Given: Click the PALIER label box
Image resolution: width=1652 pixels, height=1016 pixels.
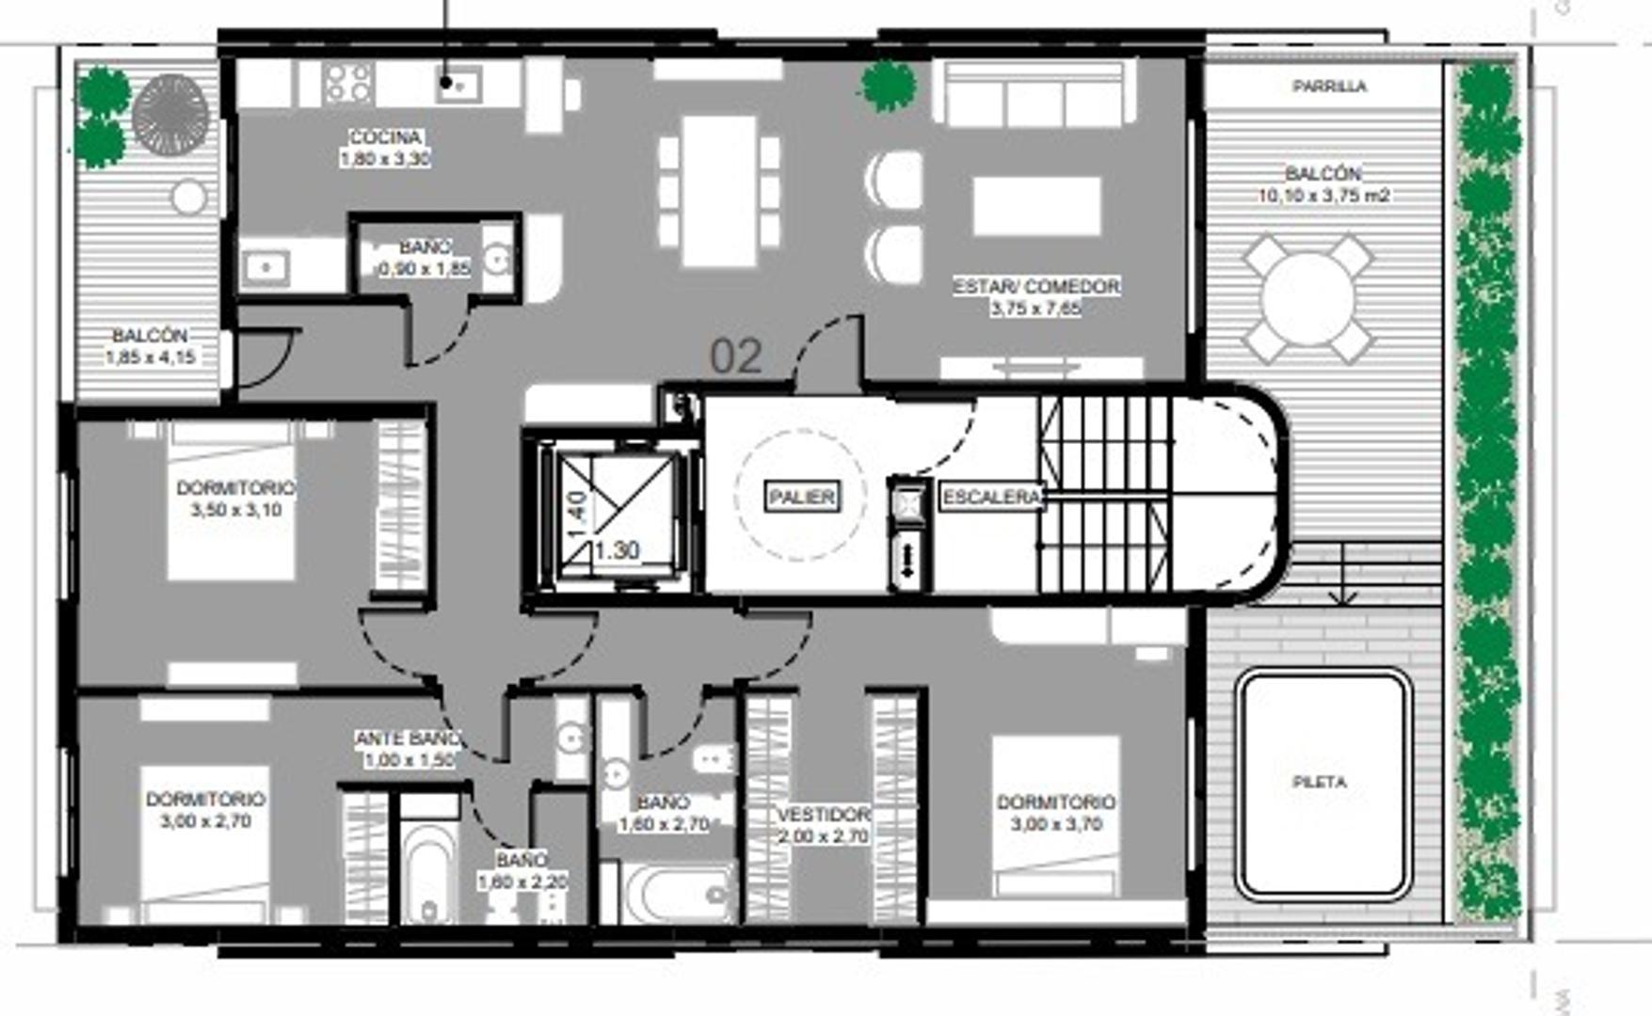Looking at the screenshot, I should pyautogui.click(x=802, y=497).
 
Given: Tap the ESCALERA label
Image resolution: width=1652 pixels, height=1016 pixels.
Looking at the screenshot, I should pyautogui.click(x=992, y=497).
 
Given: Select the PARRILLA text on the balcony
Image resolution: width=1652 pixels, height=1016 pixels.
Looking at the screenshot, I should pyautogui.click(x=1329, y=87).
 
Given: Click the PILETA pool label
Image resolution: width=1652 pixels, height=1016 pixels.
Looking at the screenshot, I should pyautogui.click(x=1320, y=782).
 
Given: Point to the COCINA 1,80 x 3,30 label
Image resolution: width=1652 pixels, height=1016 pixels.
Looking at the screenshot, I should pyautogui.click(x=385, y=148).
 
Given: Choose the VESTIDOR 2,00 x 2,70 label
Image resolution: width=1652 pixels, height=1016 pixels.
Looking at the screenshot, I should pyautogui.click(x=824, y=824).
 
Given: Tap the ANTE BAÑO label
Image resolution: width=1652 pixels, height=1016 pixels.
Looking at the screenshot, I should pyautogui.click(x=409, y=749).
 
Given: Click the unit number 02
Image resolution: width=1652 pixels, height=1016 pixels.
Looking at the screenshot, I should pyautogui.click(x=736, y=357).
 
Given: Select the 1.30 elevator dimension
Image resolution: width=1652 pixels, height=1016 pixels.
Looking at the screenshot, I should pyautogui.click(x=617, y=550).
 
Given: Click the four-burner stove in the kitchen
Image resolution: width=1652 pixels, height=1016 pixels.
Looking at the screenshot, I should pyautogui.click(x=348, y=83).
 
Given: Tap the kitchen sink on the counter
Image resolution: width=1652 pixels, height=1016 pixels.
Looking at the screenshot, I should pyautogui.click(x=458, y=86).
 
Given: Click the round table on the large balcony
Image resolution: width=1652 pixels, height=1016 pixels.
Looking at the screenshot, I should pyautogui.click(x=1307, y=299).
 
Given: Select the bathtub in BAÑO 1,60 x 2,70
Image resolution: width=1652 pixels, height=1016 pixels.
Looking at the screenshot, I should pyautogui.click(x=678, y=894).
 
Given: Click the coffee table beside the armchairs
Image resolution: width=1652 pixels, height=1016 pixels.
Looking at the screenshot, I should pyautogui.click(x=1036, y=206).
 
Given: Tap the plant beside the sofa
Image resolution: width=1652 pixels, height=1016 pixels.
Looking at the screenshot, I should pyautogui.click(x=888, y=86).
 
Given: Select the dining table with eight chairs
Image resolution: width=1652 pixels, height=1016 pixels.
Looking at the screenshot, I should pyautogui.click(x=719, y=191).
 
